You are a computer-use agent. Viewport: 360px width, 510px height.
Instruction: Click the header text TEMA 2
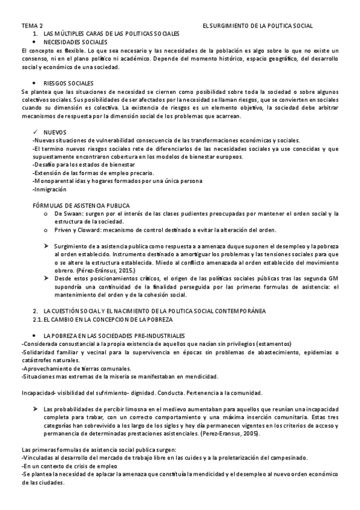[32, 27]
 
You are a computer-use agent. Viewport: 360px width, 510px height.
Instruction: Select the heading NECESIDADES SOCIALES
[76, 43]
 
